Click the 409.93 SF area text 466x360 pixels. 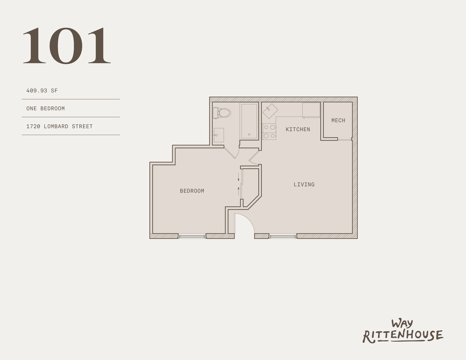pos(42,90)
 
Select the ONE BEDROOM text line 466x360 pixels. pos(46,108)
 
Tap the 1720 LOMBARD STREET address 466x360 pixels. pos(60,126)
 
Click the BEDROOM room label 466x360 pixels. pos(192,191)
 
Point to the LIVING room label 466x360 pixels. pos(304,184)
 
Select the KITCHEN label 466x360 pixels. pos(298,129)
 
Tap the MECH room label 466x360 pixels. pos(338,120)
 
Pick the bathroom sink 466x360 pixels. pos(219,135)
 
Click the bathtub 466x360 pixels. pos(249,121)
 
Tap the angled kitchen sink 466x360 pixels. pos(270,111)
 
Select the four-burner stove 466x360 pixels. pos(270,131)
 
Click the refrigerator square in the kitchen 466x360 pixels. pos(311,110)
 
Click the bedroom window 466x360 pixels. pos(192,236)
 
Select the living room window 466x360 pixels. pos(283,236)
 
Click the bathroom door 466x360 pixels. pos(231,152)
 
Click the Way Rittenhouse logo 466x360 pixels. pos(403,331)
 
